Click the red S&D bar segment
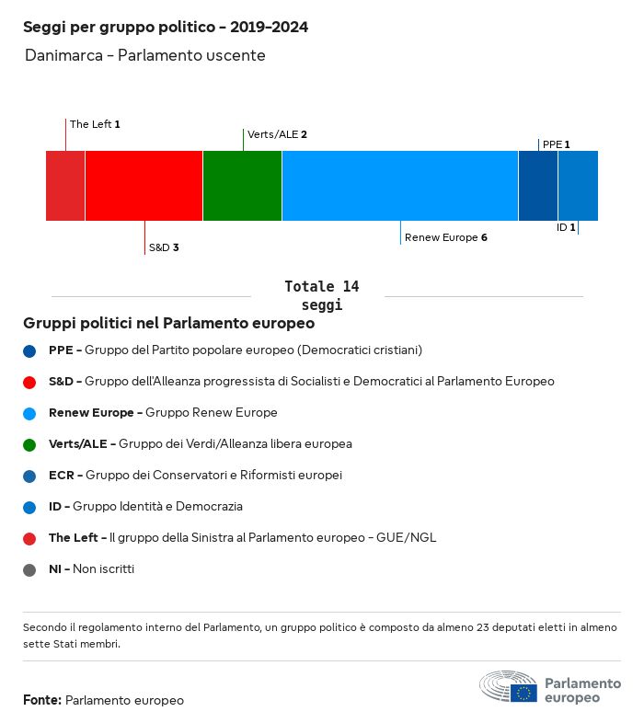[x=144, y=186]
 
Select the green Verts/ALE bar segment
[x=242, y=186]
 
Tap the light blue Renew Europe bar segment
[x=400, y=186]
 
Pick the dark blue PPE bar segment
[x=538, y=186]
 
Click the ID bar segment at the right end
[x=578, y=186]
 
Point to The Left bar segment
[x=65, y=186]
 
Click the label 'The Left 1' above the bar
[x=95, y=123]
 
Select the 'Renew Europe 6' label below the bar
[x=445, y=237]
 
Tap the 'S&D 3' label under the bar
[x=163, y=248]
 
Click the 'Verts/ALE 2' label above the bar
[x=277, y=134]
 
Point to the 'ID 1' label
[x=566, y=227]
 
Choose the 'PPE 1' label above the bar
[x=556, y=144]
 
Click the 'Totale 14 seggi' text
[x=321, y=295]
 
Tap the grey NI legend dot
[x=30, y=569]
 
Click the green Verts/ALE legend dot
[x=30, y=444]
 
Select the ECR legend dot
[x=30, y=476]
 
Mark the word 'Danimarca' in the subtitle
[x=63, y=55]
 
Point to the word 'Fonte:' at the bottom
[x=42, y=700]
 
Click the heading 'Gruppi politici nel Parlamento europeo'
[x=169, y=324]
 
